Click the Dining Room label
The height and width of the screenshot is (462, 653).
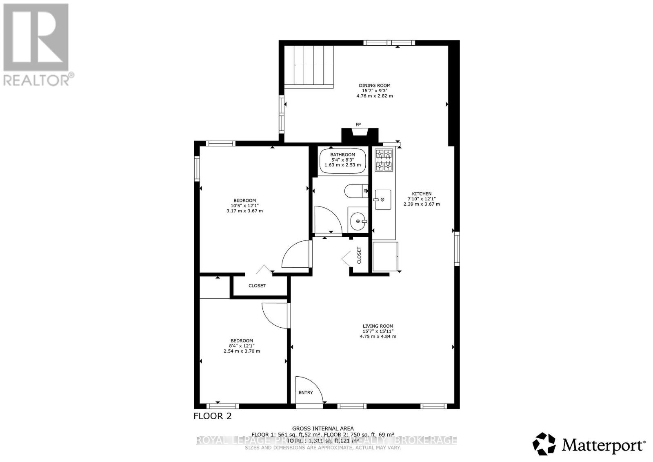(375, 86)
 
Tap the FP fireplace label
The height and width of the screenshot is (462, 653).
(358, 124)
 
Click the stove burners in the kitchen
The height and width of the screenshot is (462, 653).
(384, 160)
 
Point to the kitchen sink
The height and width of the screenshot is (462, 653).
(383, 200)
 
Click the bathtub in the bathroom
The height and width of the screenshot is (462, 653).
(342, 161)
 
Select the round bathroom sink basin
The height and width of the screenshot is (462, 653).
(358, 221)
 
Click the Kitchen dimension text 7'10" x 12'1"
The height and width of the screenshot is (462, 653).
(422, 199)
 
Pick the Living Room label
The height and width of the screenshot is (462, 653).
(378, 326)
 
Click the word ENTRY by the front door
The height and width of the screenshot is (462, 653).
(306, 393)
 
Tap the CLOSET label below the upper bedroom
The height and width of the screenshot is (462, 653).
(257, 286)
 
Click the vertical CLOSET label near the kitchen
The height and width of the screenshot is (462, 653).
(359, 255)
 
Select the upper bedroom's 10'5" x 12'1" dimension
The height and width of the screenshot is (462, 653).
(244, 206)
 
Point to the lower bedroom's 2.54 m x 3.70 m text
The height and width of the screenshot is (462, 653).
(242, 351)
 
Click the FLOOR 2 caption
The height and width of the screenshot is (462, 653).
(212, 416)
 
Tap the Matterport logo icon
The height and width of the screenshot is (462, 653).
(544, 444)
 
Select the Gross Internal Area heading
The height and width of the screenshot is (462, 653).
(322, 429)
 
